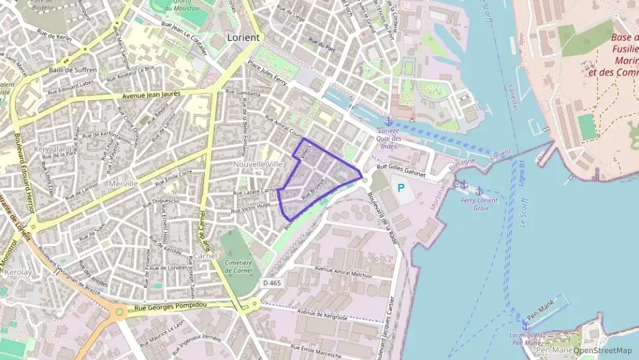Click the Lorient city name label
point(242,38)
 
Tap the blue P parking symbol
point(401,187)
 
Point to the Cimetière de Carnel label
point(238,266)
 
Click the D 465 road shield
point(271,282)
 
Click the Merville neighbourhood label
point(124,184)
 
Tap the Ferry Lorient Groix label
point(480,204)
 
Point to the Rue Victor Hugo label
point(253,207)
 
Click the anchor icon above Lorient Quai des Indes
point(388,122)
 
